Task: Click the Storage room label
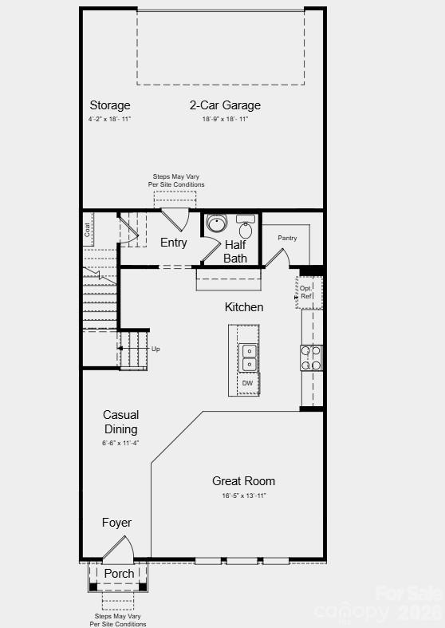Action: [110, 105]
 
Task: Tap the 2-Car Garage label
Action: [225, 105]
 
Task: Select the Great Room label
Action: [243, 480]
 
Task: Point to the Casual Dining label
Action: [120, 422]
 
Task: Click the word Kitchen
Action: [244, 307]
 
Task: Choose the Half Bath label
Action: [235, 251]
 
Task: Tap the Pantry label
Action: [287, 238]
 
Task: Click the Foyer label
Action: [116, 523]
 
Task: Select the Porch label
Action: [120, 574]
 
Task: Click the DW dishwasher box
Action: [248, 383]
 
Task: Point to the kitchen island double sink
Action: [248, 357]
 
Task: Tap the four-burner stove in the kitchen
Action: [311, 357]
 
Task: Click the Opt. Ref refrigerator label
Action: [306, 292]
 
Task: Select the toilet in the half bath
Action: [246, 231]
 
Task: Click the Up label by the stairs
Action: [156, 350]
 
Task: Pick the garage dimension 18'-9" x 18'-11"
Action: [225, 119]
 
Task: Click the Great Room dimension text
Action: [243, 496]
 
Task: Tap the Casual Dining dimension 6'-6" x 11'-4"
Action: [120, 443]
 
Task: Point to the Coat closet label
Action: [87, 229]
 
